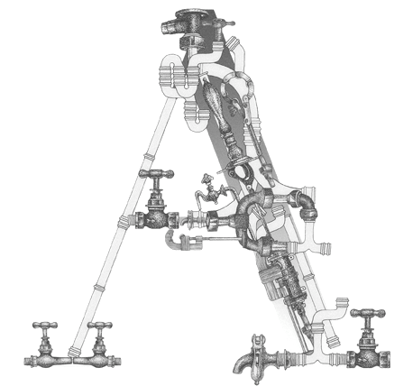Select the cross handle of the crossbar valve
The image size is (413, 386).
point(156,174)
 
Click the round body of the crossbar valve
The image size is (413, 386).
point(156,219)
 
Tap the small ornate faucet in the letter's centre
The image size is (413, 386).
point(212,191)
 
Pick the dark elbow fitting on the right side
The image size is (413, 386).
point(307,204)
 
